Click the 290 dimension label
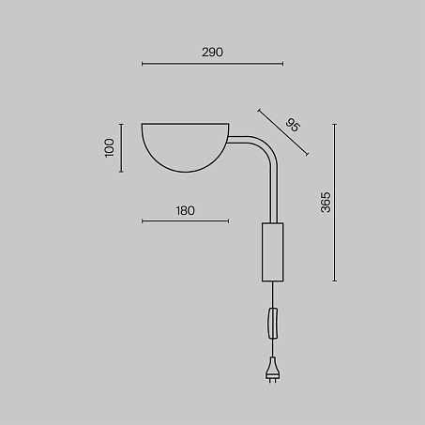(212, 53)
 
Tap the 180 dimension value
(185, 211)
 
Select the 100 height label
(110, 148)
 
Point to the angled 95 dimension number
(293, 125)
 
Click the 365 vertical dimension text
(326, 203)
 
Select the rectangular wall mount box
(273, 252)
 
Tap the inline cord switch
(273, 323)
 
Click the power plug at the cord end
(273, 370)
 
